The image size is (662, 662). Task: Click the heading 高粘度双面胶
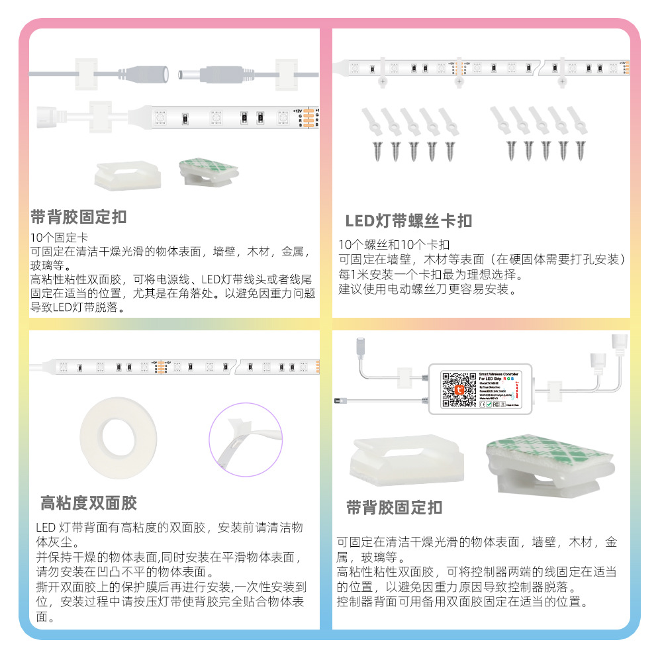tap(89, 503)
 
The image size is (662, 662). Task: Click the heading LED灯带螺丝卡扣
tap(408, 221)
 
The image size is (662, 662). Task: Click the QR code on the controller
tap(457, 389)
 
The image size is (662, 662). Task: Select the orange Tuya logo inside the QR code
tap(457, 390)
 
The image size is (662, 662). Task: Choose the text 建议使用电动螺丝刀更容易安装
tap(427, 289)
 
